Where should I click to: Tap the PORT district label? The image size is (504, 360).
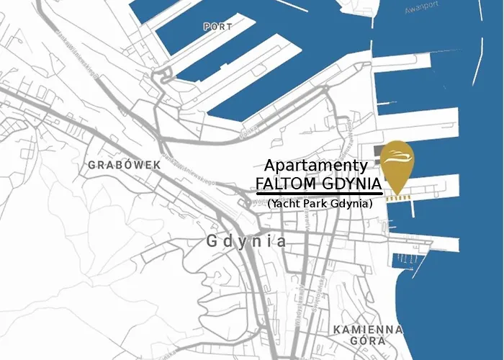point(217,26)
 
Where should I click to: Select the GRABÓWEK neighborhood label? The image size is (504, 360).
point(123,165)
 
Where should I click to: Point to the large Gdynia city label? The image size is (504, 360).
point(246,241)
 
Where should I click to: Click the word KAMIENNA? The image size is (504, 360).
point(368,329)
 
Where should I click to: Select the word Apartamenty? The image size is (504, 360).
point(316,165)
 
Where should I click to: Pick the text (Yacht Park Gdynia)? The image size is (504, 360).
point(320,204)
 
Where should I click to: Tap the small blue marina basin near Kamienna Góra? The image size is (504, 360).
point(408,258)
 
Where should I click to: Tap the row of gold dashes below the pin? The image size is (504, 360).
point(398,195)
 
